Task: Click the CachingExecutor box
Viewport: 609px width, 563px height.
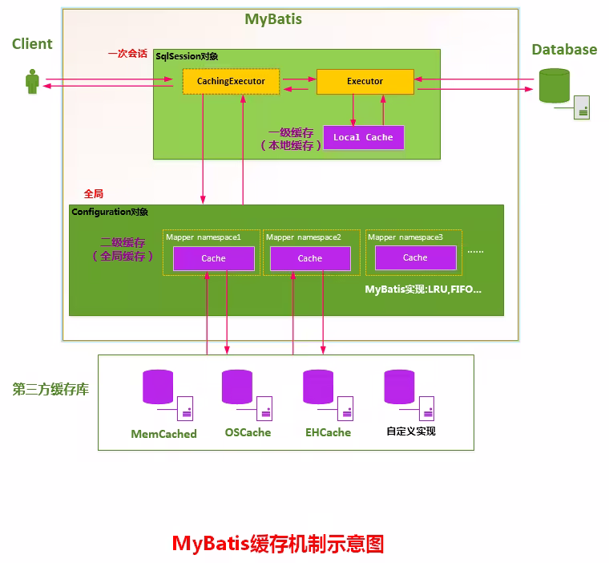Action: pos(231,81)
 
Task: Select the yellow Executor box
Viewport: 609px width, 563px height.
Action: pos(365,81)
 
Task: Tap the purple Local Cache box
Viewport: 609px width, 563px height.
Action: pos(363,137)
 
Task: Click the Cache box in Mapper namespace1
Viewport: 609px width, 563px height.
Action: pos(213,258)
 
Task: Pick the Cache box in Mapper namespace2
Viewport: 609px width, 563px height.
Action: pos(309,258)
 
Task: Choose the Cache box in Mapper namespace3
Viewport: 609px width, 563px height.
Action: pos(415,257)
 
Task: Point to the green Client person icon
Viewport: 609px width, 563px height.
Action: pos(32,82)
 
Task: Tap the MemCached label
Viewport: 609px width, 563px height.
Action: pos(163,434)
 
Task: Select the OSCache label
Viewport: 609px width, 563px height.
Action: pos(248,432)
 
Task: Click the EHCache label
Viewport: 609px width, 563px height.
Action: pos(328,432)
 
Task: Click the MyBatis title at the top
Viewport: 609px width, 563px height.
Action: pos(273,18)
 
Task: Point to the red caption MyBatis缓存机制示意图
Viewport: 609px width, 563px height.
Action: pos(278,544)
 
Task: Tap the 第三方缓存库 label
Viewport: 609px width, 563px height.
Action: pos(50,389)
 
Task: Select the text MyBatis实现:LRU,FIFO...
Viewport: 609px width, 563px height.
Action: pos(423,289)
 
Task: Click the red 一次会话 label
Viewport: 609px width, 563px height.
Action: pos(127,54)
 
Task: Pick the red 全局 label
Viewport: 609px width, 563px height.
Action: pos(93,194)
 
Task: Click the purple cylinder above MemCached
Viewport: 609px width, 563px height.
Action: pos(158,387)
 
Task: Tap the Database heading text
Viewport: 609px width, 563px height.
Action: pos(564,50)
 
